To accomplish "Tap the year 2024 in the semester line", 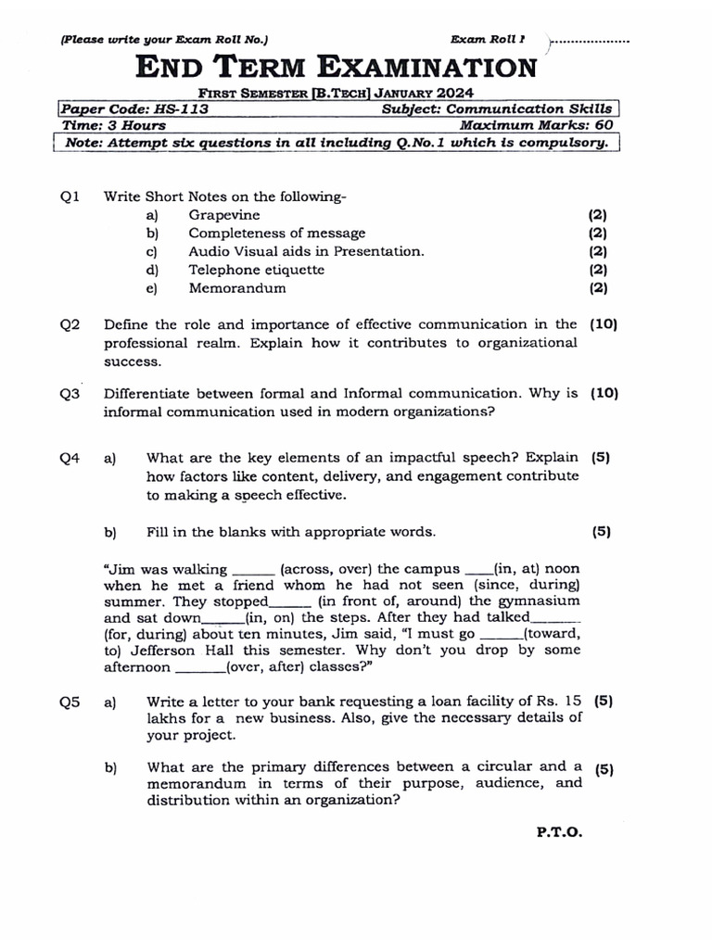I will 454,93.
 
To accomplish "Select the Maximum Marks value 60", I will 604,125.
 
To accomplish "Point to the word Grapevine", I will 224,215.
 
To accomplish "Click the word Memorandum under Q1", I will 237,288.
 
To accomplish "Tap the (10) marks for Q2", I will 604,325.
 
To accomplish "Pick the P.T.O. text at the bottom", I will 559,832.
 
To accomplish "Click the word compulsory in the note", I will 566,143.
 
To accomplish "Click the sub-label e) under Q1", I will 151,288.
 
